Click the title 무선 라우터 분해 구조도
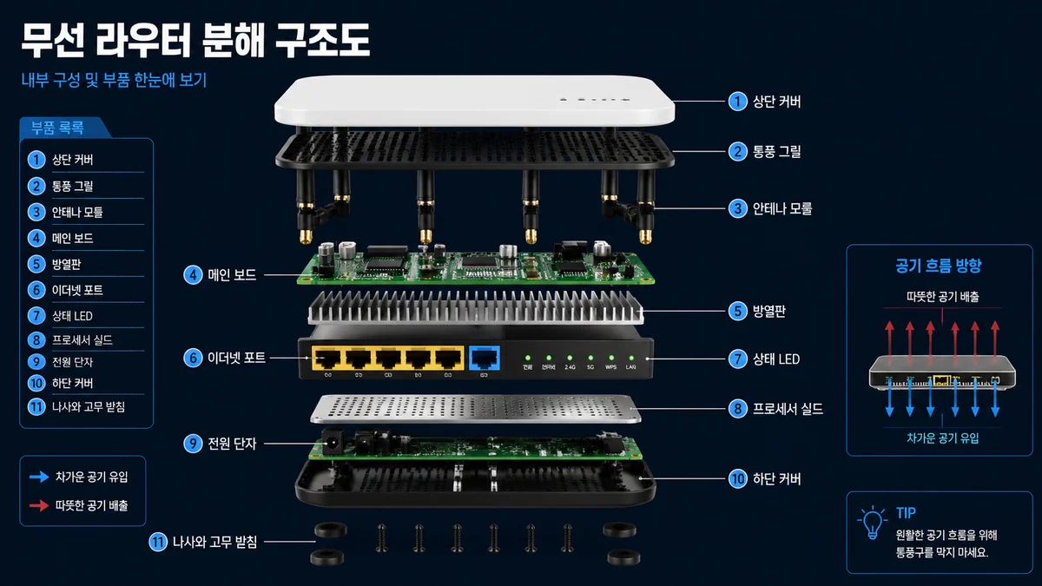[x=195, y=37]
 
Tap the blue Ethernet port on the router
[x=484, y=358]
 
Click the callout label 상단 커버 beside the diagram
[x=776, y=102]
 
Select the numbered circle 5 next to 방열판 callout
[x=737, y=310]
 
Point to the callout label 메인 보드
[x=232, y=275]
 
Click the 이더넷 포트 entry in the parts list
[x=76, y=290]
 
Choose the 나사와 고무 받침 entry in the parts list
[x=88, y=406]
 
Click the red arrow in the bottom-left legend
[x=39, y=504]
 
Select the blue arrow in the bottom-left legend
[x=39, y=477]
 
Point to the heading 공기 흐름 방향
[x=939, y=266]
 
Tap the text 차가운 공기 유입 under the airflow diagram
[x=942, y=438]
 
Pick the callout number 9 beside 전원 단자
[x=192, y=444]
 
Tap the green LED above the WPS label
[x=610, y=357]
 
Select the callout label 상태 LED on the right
[x=776, y=358]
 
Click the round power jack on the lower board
[x=330, y=447]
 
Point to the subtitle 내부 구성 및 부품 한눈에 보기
[x=114, y=81]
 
